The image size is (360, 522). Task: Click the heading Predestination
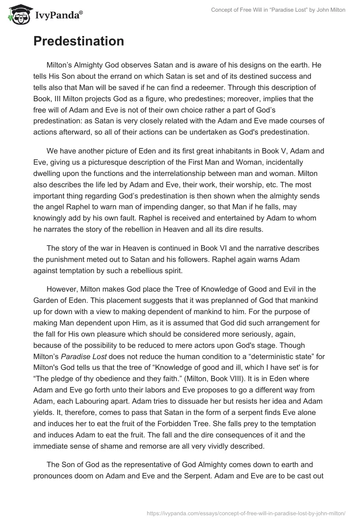[x=78, y=41]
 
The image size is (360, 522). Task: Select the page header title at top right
[x=278, y=10]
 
